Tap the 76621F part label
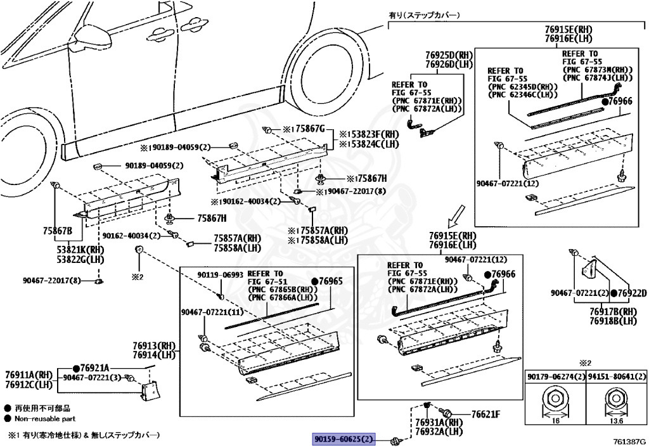[x=485, y=414]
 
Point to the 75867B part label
[x=58, y=231]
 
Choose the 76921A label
[x=94, y=368]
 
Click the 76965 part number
[x=330, y=281]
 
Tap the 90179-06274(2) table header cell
[x=553, y=376]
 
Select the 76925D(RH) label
[x=449, y=56]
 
